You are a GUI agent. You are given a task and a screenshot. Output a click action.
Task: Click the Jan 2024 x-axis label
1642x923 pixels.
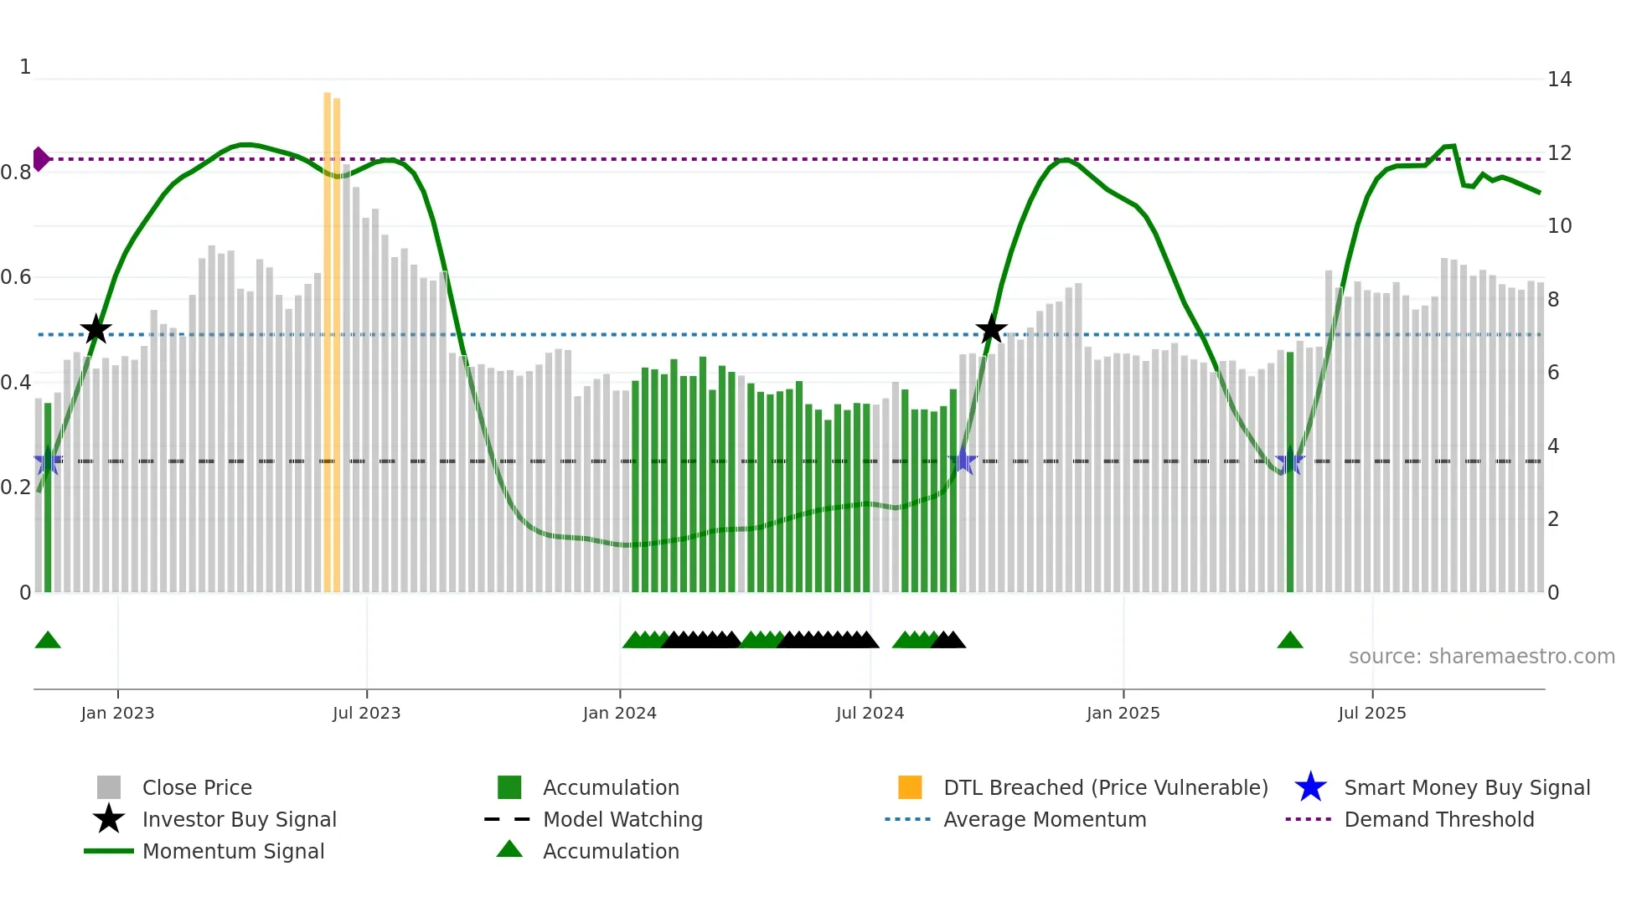tap(619, 713)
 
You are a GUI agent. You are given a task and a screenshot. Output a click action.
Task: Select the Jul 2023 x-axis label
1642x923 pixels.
tap(366, 713)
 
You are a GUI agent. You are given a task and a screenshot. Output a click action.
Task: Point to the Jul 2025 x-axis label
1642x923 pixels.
tap(1371, 713)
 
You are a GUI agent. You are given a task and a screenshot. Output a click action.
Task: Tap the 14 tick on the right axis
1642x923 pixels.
tap(1559, 80)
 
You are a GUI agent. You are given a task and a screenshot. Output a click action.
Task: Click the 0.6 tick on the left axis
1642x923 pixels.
tap(16, 277)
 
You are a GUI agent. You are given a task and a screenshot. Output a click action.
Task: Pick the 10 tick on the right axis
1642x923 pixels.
tap(1559, 226)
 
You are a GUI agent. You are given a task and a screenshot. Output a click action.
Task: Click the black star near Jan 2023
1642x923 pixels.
tap(96, 330)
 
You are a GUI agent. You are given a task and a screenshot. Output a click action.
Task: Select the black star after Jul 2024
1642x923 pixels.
tap(991, 329)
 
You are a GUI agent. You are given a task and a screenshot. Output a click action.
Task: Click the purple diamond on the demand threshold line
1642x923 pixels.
tap(40, 158)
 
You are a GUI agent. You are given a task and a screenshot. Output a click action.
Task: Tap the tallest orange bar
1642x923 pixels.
tap(328, 335)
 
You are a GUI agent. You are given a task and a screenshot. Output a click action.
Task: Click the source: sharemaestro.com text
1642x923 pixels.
tap(1481, 657)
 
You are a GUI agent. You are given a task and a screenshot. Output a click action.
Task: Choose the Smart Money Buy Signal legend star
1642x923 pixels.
tap(1310, 787)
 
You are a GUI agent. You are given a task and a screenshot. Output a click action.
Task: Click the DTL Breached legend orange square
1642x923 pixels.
tap(910, 787)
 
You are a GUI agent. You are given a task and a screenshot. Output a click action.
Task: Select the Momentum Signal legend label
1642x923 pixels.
tap(233, 851)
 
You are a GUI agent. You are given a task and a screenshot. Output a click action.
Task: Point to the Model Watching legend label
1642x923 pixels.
tap(622, 819)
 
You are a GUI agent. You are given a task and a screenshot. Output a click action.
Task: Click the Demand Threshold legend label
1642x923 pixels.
tap(1438, 819)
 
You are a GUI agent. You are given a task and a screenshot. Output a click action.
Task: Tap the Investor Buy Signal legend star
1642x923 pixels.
tap(109, 819)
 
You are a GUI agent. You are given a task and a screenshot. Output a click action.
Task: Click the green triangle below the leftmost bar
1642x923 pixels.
tap(48, 641)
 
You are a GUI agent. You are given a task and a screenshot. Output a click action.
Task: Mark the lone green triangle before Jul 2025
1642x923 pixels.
tap(1289, 641)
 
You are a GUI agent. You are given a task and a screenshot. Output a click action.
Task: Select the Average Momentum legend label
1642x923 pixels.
tap(1044, 819)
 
